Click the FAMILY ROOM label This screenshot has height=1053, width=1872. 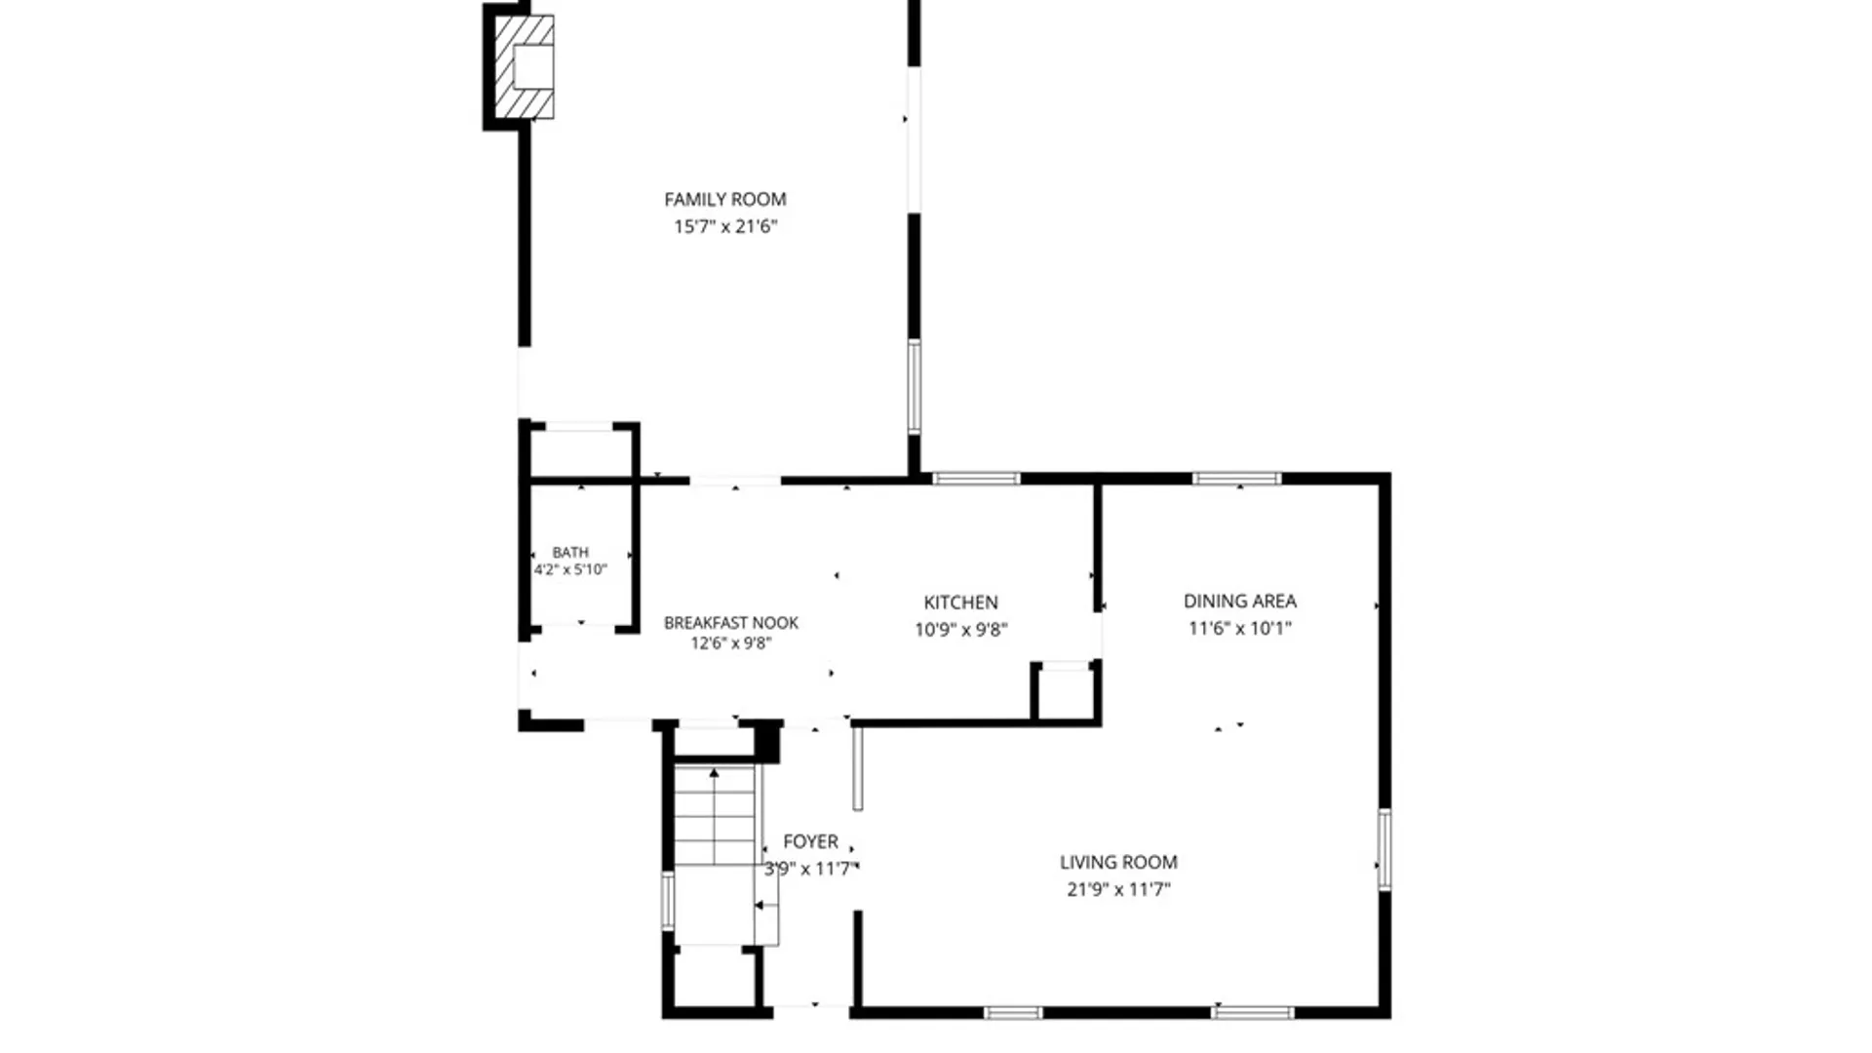tap(724, 200)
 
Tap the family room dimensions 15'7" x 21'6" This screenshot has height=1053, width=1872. tap(725, 226)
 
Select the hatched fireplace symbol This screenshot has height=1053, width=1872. tap(525, 67)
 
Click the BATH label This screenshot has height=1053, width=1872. tap(570, 552)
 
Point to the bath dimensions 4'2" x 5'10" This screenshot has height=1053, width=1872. tap(570, 569)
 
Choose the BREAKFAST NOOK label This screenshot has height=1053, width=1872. tap(731, 623)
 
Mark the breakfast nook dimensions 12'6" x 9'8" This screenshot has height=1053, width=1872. tap(731, 643)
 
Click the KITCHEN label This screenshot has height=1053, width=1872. tap(960, 603)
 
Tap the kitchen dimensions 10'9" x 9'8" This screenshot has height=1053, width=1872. tap(960, 630)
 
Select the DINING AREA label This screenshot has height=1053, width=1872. tap(1240, 602)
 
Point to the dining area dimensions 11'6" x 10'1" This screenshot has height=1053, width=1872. tap(1240, 629)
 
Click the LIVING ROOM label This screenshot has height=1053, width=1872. tap(1118, 862)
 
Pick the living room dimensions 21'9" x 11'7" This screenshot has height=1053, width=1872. tap(1118, 889)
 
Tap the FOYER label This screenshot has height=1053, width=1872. tap(810, 841)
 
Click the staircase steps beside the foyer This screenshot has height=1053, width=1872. tap(715, 815)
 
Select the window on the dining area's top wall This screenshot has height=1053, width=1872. tap(1236, 479)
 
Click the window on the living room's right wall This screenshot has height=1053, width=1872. tap(1384, 849)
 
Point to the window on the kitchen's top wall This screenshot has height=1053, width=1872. tap(976, 479)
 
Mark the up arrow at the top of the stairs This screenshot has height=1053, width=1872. tap(714, 773)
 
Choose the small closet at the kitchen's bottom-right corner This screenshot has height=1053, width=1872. tap(1065, 692)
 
